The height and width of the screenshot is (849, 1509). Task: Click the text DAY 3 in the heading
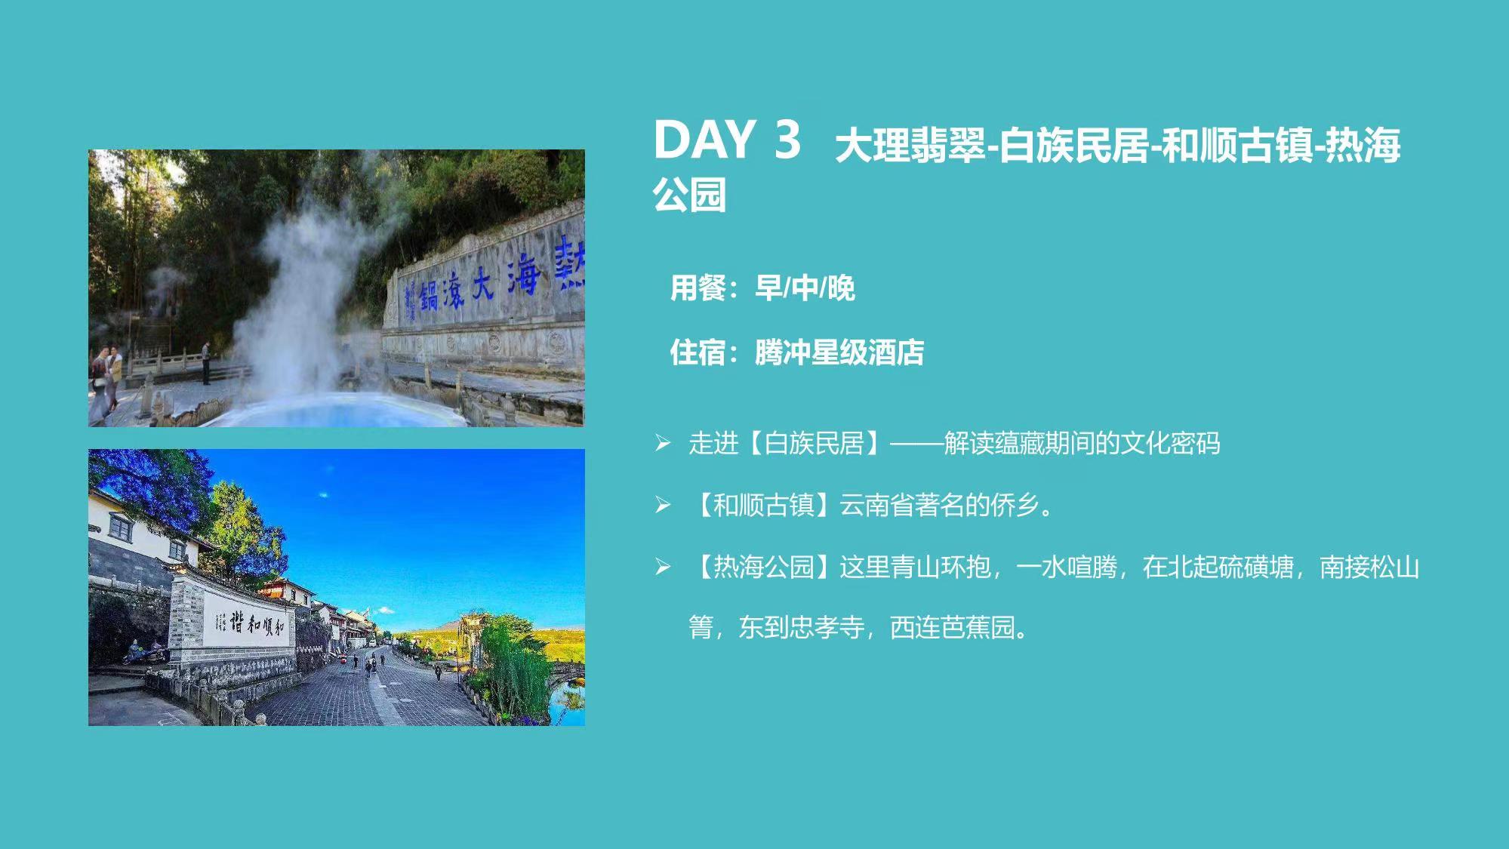tap(726, 140)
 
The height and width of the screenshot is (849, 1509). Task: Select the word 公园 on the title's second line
tap(690, 195)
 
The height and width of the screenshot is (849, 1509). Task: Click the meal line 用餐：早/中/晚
tap(762, 288)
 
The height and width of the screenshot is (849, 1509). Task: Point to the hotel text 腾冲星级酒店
tap(839, 352)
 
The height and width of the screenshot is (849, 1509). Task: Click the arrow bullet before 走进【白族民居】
tap(663, 443)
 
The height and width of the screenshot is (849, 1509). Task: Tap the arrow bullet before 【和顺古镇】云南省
tap(663, 505)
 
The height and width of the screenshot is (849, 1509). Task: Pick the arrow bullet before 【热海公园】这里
tap(663, 567)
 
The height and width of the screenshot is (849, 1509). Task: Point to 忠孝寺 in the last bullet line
tap(827, 627)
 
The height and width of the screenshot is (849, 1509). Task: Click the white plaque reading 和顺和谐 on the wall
tap(248, 623)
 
